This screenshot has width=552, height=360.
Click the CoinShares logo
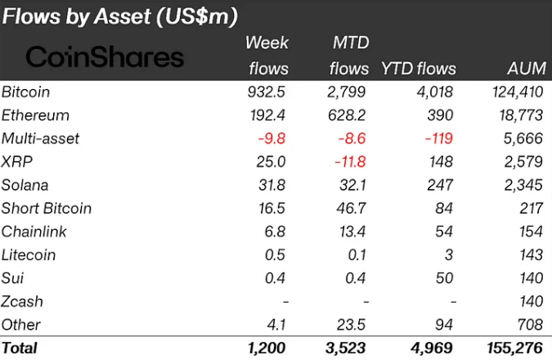(105, 56)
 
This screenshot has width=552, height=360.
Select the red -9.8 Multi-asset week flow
(269, 138)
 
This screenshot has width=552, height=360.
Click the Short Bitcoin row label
(47, 208)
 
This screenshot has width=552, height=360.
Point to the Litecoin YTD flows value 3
(449, 254)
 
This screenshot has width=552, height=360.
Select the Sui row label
(13, 277)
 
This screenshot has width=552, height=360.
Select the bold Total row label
(20, 348)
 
